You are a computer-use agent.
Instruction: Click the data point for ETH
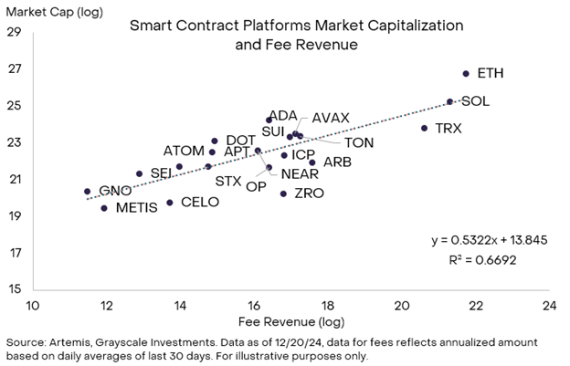click(x=466, y=73)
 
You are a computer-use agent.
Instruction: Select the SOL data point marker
click(x=449, y=101)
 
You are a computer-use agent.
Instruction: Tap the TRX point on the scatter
click(x=424, y=128)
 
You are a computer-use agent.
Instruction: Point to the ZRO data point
click(x=283, y=193)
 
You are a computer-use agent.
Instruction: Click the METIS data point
click(x=104, y=208)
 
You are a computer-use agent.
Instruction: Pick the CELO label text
click(x=200, y=202)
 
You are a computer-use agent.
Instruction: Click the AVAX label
click(x=330, y=119)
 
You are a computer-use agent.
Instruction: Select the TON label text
click(x=359, y=141)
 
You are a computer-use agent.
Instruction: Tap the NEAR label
click(x=300, y=173)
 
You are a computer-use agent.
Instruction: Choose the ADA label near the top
click(x=283, y=115)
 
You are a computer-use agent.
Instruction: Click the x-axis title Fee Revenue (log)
click(x=290, y=323)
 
